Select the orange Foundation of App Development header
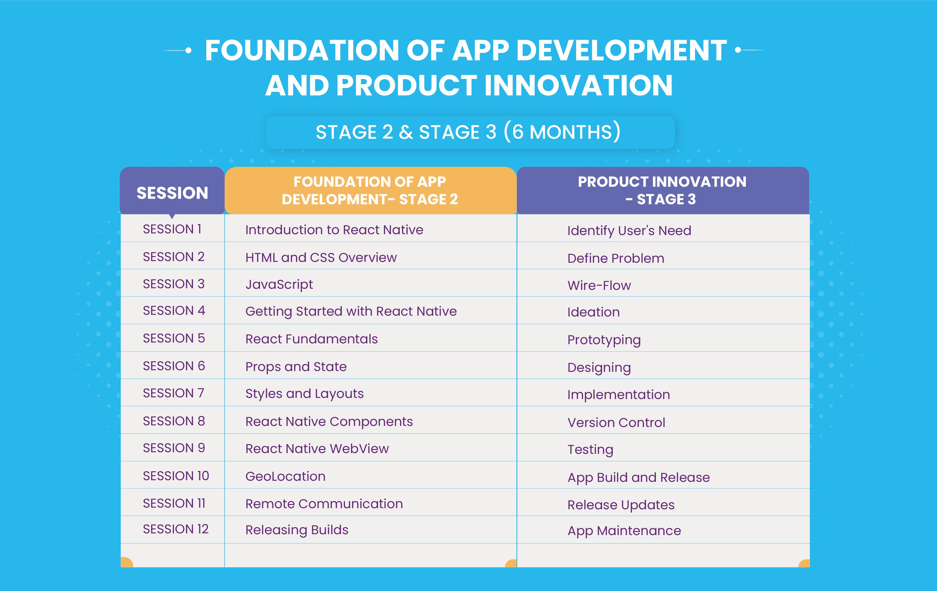pos(370,191)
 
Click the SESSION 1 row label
pos(172,229)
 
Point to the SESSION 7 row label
pos(174,393)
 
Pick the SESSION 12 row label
pos(176,529)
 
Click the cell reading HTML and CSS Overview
pos(321,258)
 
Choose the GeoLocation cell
pos(285,476)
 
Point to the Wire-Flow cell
pos(599,285)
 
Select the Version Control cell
pos(616,423)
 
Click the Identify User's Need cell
pos(629,231)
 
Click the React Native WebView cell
pos(317,449)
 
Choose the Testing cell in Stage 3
pos(590,450)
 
